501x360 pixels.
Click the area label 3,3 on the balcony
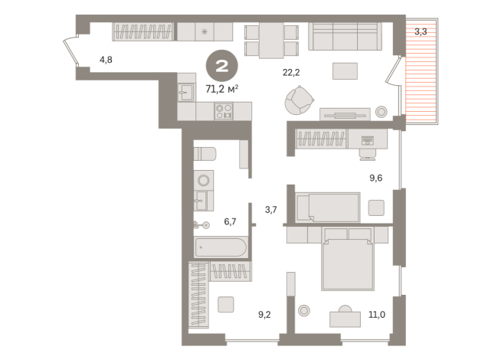tap(421, 32)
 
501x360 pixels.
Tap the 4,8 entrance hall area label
tap(106, 58)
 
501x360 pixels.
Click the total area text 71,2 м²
tap(222, 88)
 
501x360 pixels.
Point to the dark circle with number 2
tap(222, 66)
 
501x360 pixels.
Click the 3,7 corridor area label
tap(272, 209)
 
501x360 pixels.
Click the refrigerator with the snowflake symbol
tap(205, 31)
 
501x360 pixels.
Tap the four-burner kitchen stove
tap(223, 111)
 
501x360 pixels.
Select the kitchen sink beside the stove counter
tap(186, 93)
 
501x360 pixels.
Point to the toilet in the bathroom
tap(205, 154)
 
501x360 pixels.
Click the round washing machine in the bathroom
tap(203, 181)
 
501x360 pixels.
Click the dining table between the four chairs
tap(271, 40)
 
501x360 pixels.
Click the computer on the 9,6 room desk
tap(367, 140)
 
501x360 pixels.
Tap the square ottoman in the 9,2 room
tap(225, 304)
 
